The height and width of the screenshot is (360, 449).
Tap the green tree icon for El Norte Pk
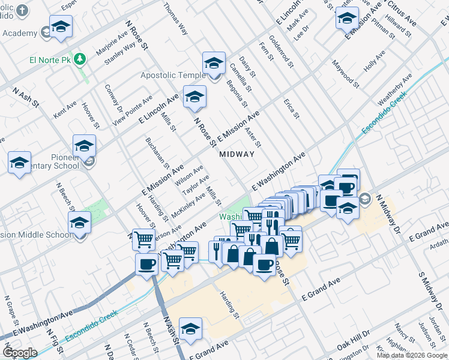tap(80, 59)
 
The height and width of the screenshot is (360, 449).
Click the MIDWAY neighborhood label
tap(237, 154)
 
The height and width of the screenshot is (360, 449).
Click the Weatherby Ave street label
tap(394, 88)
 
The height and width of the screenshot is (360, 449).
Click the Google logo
tap(20, 352)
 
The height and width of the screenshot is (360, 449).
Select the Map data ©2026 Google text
tap(412, 355)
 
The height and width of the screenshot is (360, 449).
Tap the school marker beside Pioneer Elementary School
tap(84, 146)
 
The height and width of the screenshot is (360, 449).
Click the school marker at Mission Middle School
tap(79, 223)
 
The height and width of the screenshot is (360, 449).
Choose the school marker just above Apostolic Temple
tap(214, 63)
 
